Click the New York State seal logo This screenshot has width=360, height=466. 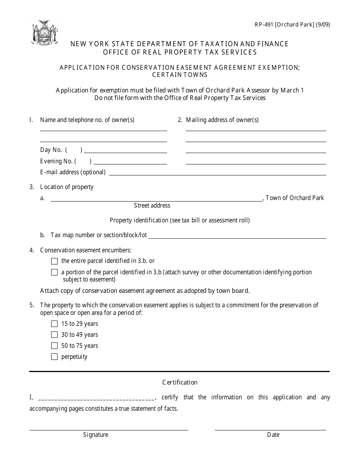coord(45,33)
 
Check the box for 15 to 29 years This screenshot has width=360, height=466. coord(54,324)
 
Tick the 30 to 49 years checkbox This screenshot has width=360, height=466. coord(54,335)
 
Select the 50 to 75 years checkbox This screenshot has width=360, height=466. coord(54,346)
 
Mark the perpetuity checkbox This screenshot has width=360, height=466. coord(54,357)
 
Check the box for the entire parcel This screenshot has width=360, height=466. coord(54,261)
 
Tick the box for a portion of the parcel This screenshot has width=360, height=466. coord(54,272)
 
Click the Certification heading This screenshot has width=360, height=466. coord(180,383)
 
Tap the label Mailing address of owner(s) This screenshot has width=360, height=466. coord(222,120)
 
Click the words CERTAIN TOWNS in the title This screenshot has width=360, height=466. coord(180,75)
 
